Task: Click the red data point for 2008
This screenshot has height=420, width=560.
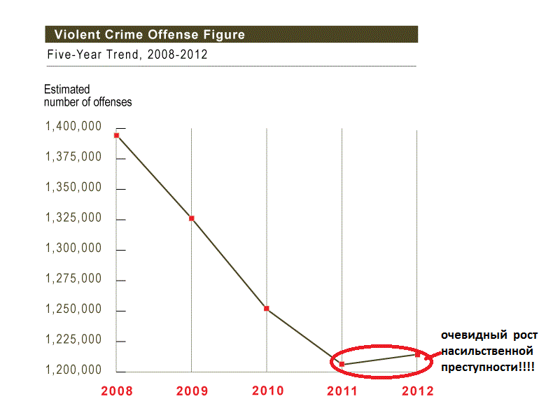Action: [117, 135]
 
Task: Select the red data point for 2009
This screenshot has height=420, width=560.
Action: [191, 218]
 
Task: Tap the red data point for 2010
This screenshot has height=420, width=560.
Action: [267, 309]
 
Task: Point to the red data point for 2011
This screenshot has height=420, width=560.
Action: [342, 364]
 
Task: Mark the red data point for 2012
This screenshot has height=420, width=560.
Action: [417, 354]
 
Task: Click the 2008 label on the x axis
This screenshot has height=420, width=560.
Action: [116, 391]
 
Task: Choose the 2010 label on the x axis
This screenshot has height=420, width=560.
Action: [267, 391]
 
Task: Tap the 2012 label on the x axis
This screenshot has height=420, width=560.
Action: [417, 391]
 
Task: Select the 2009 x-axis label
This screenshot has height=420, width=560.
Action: [192, 391]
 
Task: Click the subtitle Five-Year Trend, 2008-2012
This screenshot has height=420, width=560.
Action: [127, 55]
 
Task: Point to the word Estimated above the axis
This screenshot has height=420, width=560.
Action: [67, 90]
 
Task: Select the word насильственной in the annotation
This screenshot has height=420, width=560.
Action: [488, 350]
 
